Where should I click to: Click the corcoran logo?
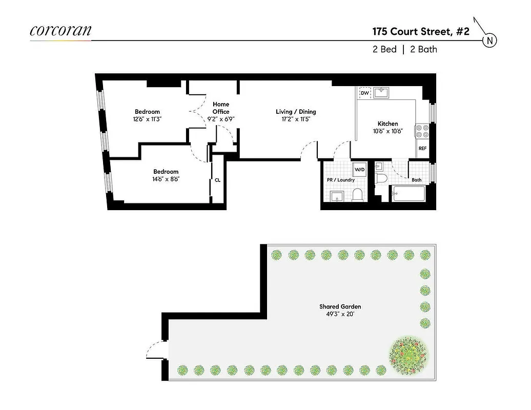click(60, 30)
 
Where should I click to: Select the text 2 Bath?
click(423, 50)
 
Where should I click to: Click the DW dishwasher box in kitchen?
click(365, 93)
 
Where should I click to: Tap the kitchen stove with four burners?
click(422, 131)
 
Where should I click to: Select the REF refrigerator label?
click(422, 149)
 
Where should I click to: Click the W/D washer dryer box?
click(359, 169)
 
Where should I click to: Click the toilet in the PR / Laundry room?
click(358, 195)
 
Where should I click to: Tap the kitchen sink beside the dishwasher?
click(381, 92)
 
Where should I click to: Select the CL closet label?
click(218, 180)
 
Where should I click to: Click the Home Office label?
click(221, 108)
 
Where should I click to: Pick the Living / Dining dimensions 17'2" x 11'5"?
click(296, 119)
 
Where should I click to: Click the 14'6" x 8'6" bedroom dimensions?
click(166, 179)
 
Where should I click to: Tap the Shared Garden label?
click(340, 307)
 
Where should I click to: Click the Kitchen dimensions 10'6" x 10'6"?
click(387, 131)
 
